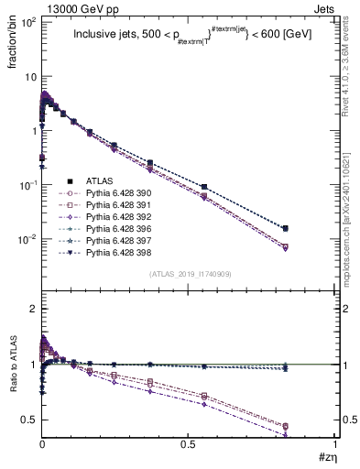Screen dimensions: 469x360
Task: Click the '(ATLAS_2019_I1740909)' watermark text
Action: pyautogui.click(x=189, y=276)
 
